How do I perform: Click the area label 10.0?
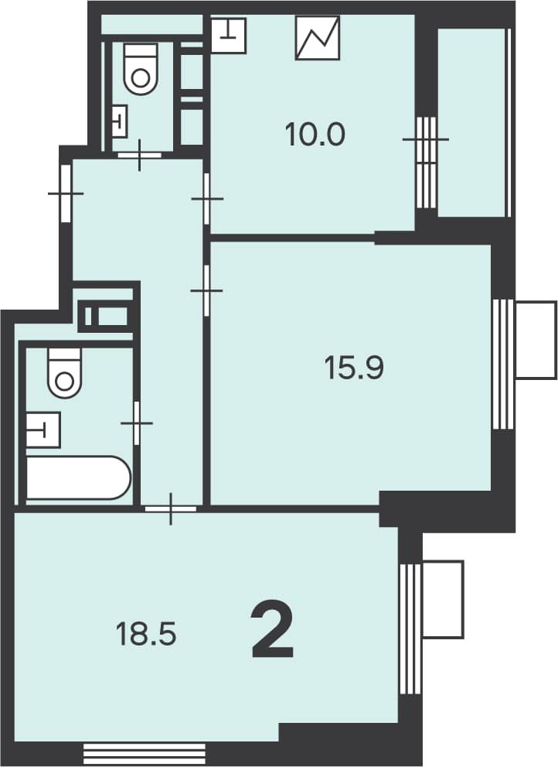coord(315,135)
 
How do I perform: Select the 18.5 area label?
coord(145,634)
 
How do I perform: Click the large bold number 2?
coord(272,631)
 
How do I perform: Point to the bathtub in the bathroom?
coord(79,478)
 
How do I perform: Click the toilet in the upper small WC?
coord(141,68)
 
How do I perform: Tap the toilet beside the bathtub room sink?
coord(64,372)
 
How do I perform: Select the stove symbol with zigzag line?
coord(318,38)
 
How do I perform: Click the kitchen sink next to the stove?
coord(228,36)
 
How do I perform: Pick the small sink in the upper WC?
coord(120,121)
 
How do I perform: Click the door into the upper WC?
coord(140,154)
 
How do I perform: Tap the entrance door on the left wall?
coord(66,193)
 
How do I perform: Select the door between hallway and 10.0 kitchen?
coord(206,199)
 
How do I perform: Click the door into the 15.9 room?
coord(206,290)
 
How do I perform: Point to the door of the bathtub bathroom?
coord(137,423)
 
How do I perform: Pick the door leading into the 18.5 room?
coord(171,508)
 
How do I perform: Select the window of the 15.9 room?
coord(503,365)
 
